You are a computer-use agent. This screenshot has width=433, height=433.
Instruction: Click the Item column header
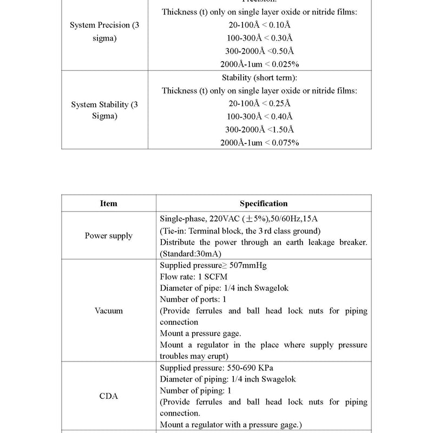click(108, 204)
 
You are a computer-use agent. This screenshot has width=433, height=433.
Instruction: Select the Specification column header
click(264, 204)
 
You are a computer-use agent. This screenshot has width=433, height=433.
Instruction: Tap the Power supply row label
click(108, 236)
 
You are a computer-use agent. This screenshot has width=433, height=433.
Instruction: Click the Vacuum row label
click(108, 311)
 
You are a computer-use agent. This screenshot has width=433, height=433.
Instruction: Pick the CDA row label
click(108, 396)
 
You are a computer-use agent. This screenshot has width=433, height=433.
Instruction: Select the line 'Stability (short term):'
click(259, 78)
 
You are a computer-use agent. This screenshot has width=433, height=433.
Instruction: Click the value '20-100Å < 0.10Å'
click(259, 25)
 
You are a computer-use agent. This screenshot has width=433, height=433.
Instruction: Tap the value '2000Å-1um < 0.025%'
click(259, 64)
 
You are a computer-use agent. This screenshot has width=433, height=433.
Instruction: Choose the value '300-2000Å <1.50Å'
click(259, 129)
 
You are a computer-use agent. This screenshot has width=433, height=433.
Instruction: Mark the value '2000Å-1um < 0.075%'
click(259, 142)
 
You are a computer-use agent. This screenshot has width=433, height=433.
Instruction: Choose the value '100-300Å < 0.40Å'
click(259, 116)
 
